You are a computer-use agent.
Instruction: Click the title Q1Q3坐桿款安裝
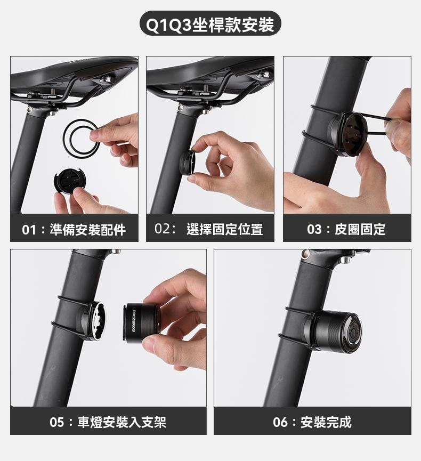pyautogui.click(x=210, y=25)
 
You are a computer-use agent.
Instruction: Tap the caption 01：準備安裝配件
pyautogui.click(x=74, y=230)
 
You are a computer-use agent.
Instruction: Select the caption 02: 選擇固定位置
pyautogui.click(x=209, y=229)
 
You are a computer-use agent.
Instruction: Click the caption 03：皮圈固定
pyautogui.click(x=346, y=229)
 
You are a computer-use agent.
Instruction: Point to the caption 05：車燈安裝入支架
pyautogui.click(x=108, y=422)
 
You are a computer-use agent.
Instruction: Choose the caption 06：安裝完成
pyautogui.click(x=312, y=422)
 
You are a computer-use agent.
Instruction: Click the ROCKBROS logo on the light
pyautogui.click(x=133, y=320)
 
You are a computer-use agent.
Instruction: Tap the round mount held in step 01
pyautogui.click(x=70, y=182)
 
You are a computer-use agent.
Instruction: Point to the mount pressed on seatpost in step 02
pyautogui.click(x=187, y=163)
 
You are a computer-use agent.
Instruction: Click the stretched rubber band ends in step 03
pyautogui.click(x=379, y=125)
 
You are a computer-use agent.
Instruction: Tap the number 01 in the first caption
pyautogui.click(x=29, y=230)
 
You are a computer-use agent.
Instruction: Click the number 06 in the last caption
pyautogui.click(x=280, y=423)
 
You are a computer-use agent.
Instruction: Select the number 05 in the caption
pyautogui.click(x=57, y=423)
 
